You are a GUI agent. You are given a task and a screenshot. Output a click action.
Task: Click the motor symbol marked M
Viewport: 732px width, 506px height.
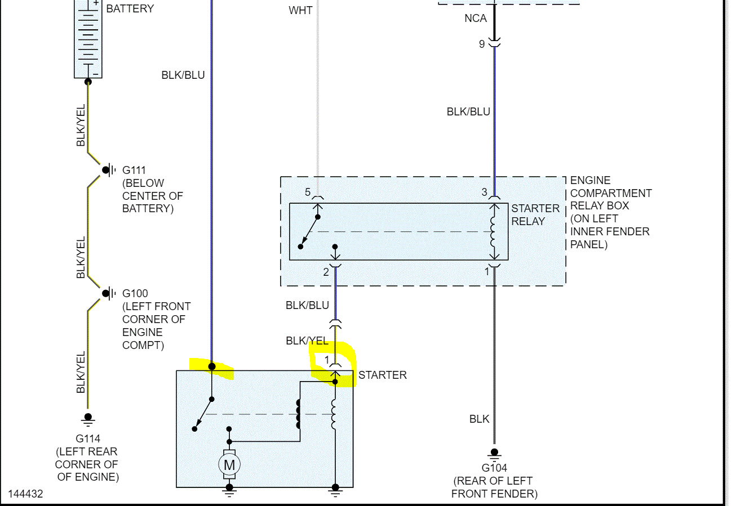(x=229, y=465)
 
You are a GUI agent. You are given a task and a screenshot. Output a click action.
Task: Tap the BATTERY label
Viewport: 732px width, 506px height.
(x=130, y=9)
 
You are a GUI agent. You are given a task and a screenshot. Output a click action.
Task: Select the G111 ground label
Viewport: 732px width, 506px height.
(x=135, y=170)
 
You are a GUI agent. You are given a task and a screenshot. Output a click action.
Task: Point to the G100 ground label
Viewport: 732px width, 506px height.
(x=135, y=293)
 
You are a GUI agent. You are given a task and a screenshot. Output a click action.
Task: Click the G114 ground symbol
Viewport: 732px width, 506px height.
(x=88, y=419)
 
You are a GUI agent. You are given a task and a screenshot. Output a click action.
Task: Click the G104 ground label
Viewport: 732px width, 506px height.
(x=494, y=468)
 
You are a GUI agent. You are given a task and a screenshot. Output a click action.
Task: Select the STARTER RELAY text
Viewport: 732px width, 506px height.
(x=535, y=214)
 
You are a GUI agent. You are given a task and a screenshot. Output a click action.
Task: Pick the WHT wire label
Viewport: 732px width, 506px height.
(x=300, y=11)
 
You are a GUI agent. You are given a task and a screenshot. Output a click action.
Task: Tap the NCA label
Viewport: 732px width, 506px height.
(x=475, y=19)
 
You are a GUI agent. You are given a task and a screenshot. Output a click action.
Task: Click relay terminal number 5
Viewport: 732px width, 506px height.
(x=308, y=192)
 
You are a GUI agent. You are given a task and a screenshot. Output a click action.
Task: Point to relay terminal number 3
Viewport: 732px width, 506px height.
(x=484, y=192)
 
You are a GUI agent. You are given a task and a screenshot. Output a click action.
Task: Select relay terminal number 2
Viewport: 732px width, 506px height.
(x=326, y=272)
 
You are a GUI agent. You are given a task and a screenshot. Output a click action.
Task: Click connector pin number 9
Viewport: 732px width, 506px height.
(x=482, y=43)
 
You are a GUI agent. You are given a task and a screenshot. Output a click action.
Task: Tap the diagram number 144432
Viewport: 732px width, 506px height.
(x=25, y=494)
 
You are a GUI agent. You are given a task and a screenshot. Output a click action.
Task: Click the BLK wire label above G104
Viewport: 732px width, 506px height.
(x=480, y=419)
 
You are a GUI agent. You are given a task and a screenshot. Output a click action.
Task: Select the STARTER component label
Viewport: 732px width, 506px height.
(x=382, y=375)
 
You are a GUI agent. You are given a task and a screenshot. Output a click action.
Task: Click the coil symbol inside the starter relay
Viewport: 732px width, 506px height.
(x=494, y=231)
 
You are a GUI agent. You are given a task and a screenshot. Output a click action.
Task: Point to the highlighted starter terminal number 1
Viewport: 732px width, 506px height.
(x=326, y=360)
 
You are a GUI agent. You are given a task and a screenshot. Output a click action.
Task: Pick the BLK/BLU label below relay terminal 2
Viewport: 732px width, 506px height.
(x=307, y=306)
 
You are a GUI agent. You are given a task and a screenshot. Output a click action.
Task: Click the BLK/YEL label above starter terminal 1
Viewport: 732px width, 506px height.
(x=307, y=341)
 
